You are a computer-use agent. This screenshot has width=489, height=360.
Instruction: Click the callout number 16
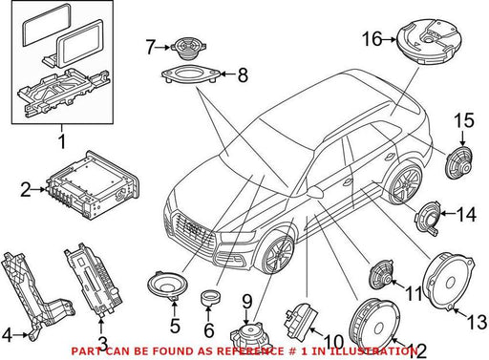point(372,39)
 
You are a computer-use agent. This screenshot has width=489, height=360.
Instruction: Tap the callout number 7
point(151,47)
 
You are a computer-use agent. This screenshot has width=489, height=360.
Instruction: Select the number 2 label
point(26,189)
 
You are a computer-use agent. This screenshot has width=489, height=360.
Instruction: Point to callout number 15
point(464,120)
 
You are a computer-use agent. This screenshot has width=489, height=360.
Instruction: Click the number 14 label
point(466,214)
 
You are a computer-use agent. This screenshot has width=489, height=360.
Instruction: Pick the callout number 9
point(247,302)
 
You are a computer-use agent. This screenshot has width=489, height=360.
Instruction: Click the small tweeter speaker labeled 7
point(188,48)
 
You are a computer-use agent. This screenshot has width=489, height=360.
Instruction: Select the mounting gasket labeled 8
point(190,74)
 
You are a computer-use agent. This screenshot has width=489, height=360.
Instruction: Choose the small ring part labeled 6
point(210,297)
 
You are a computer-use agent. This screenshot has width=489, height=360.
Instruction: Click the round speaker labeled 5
point(167,286)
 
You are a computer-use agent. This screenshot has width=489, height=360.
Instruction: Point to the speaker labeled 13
point(448,281)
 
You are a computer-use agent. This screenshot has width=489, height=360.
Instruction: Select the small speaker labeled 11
point(382,275)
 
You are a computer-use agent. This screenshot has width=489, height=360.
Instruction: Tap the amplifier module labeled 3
point(94,281)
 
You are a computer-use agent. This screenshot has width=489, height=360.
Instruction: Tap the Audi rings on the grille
point(192,228)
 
